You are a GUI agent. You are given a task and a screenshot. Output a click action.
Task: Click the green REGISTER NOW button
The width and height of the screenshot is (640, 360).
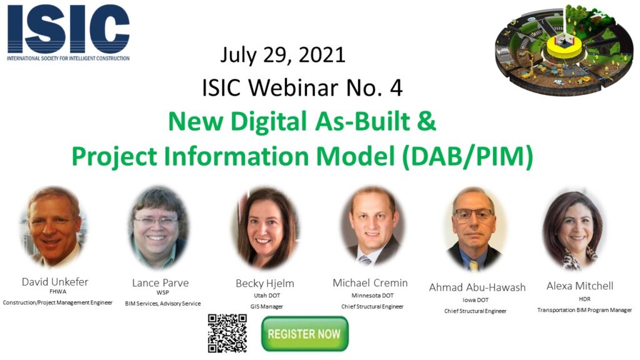pyautogui.click(x=305, y=334)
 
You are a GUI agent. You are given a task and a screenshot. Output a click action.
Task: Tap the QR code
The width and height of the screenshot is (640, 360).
pyautogui.click(x=227, y=333)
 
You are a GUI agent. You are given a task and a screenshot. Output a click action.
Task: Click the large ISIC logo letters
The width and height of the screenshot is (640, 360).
pyautogui.click(x=69, y=29)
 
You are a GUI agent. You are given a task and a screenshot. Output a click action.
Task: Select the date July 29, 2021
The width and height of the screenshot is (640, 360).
pyautogui.click(x=283, y=55)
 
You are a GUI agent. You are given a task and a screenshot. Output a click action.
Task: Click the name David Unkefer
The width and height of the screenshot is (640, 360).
pyautogui.click(x=55, y=282)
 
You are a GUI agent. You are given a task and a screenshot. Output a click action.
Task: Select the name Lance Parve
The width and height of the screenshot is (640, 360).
pyautogui.click(x=161, y=283)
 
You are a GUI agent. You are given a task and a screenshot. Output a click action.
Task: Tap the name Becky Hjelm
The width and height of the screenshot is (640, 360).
pyautogui.click(x=265, y=284)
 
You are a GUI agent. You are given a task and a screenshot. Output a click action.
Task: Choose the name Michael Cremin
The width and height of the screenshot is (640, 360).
pyautogui.click(x=370, y=283)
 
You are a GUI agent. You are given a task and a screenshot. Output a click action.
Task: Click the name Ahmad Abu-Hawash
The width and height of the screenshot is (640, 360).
pyautogui.click(x=477, y=287)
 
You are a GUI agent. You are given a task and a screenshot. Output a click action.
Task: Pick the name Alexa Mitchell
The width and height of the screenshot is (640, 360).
pyautogui.click(x=580, y=286)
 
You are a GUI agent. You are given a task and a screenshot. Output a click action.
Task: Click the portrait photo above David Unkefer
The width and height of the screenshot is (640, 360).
pyautogui.click(x=54, y=227)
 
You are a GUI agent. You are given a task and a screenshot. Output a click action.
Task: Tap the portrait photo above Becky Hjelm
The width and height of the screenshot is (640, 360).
pyautogui.click(x=265, y=227)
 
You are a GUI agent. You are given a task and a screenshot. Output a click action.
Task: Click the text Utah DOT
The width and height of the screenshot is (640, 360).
pyautogui.click(x=267, y=296)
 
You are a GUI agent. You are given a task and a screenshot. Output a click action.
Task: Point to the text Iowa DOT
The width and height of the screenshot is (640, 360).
pyautogui.click(x=476, y=300)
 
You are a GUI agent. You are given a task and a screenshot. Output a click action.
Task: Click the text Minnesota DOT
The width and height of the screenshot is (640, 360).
pyautogui.click(x=372, y=296)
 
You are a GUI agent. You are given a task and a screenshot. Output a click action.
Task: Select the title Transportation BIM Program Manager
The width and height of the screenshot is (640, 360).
pyautogui.click(x=584, y=310)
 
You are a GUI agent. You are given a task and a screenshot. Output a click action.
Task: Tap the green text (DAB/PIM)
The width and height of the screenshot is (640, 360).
pyautogui.click(x=467, y=156)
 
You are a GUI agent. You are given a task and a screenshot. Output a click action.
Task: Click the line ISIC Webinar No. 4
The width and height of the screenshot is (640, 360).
pyautogui.click(x=302, y=87)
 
